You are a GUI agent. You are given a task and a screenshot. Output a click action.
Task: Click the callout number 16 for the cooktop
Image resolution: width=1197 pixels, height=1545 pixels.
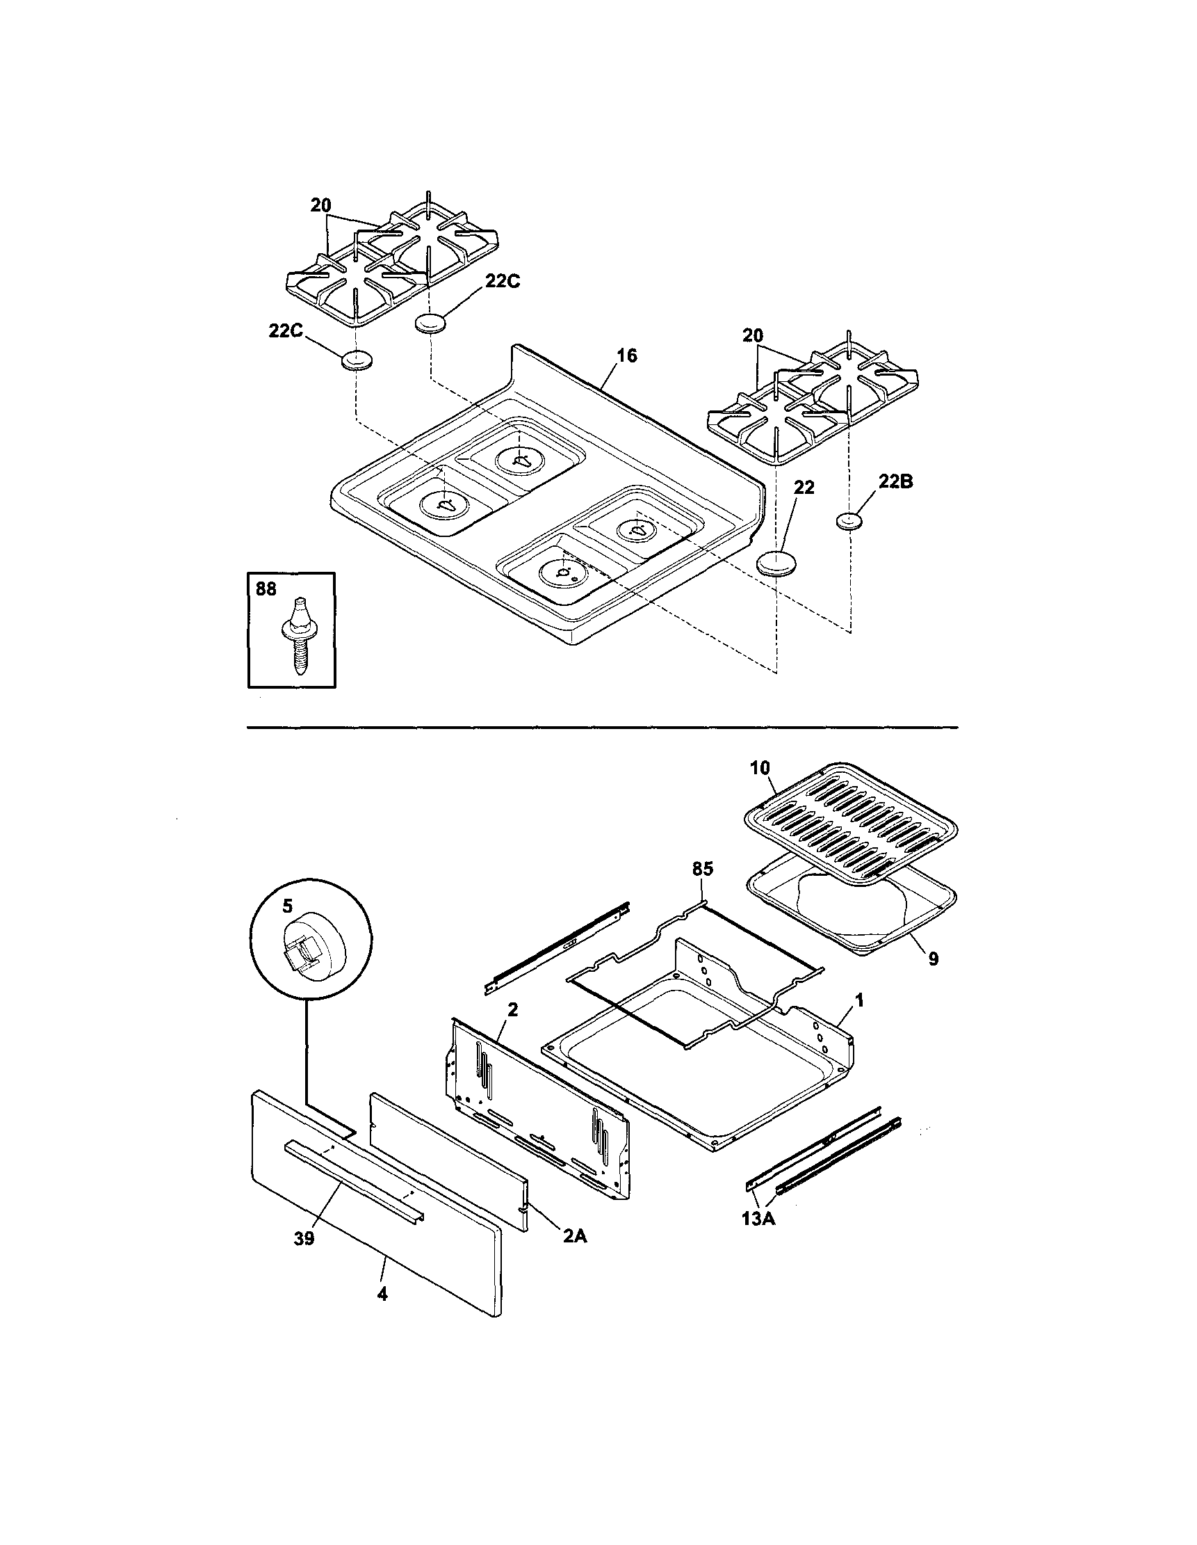point(626,356)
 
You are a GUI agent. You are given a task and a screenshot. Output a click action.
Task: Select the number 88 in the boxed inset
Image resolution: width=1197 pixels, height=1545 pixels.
point(266,589)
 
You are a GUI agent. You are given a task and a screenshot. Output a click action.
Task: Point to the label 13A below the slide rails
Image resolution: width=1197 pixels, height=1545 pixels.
point(758,1219)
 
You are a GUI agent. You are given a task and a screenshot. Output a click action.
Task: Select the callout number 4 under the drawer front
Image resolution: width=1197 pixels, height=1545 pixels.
point(382,1294)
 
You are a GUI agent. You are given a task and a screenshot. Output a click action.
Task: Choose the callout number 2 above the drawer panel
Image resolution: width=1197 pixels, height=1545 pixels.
point(512,1009)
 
